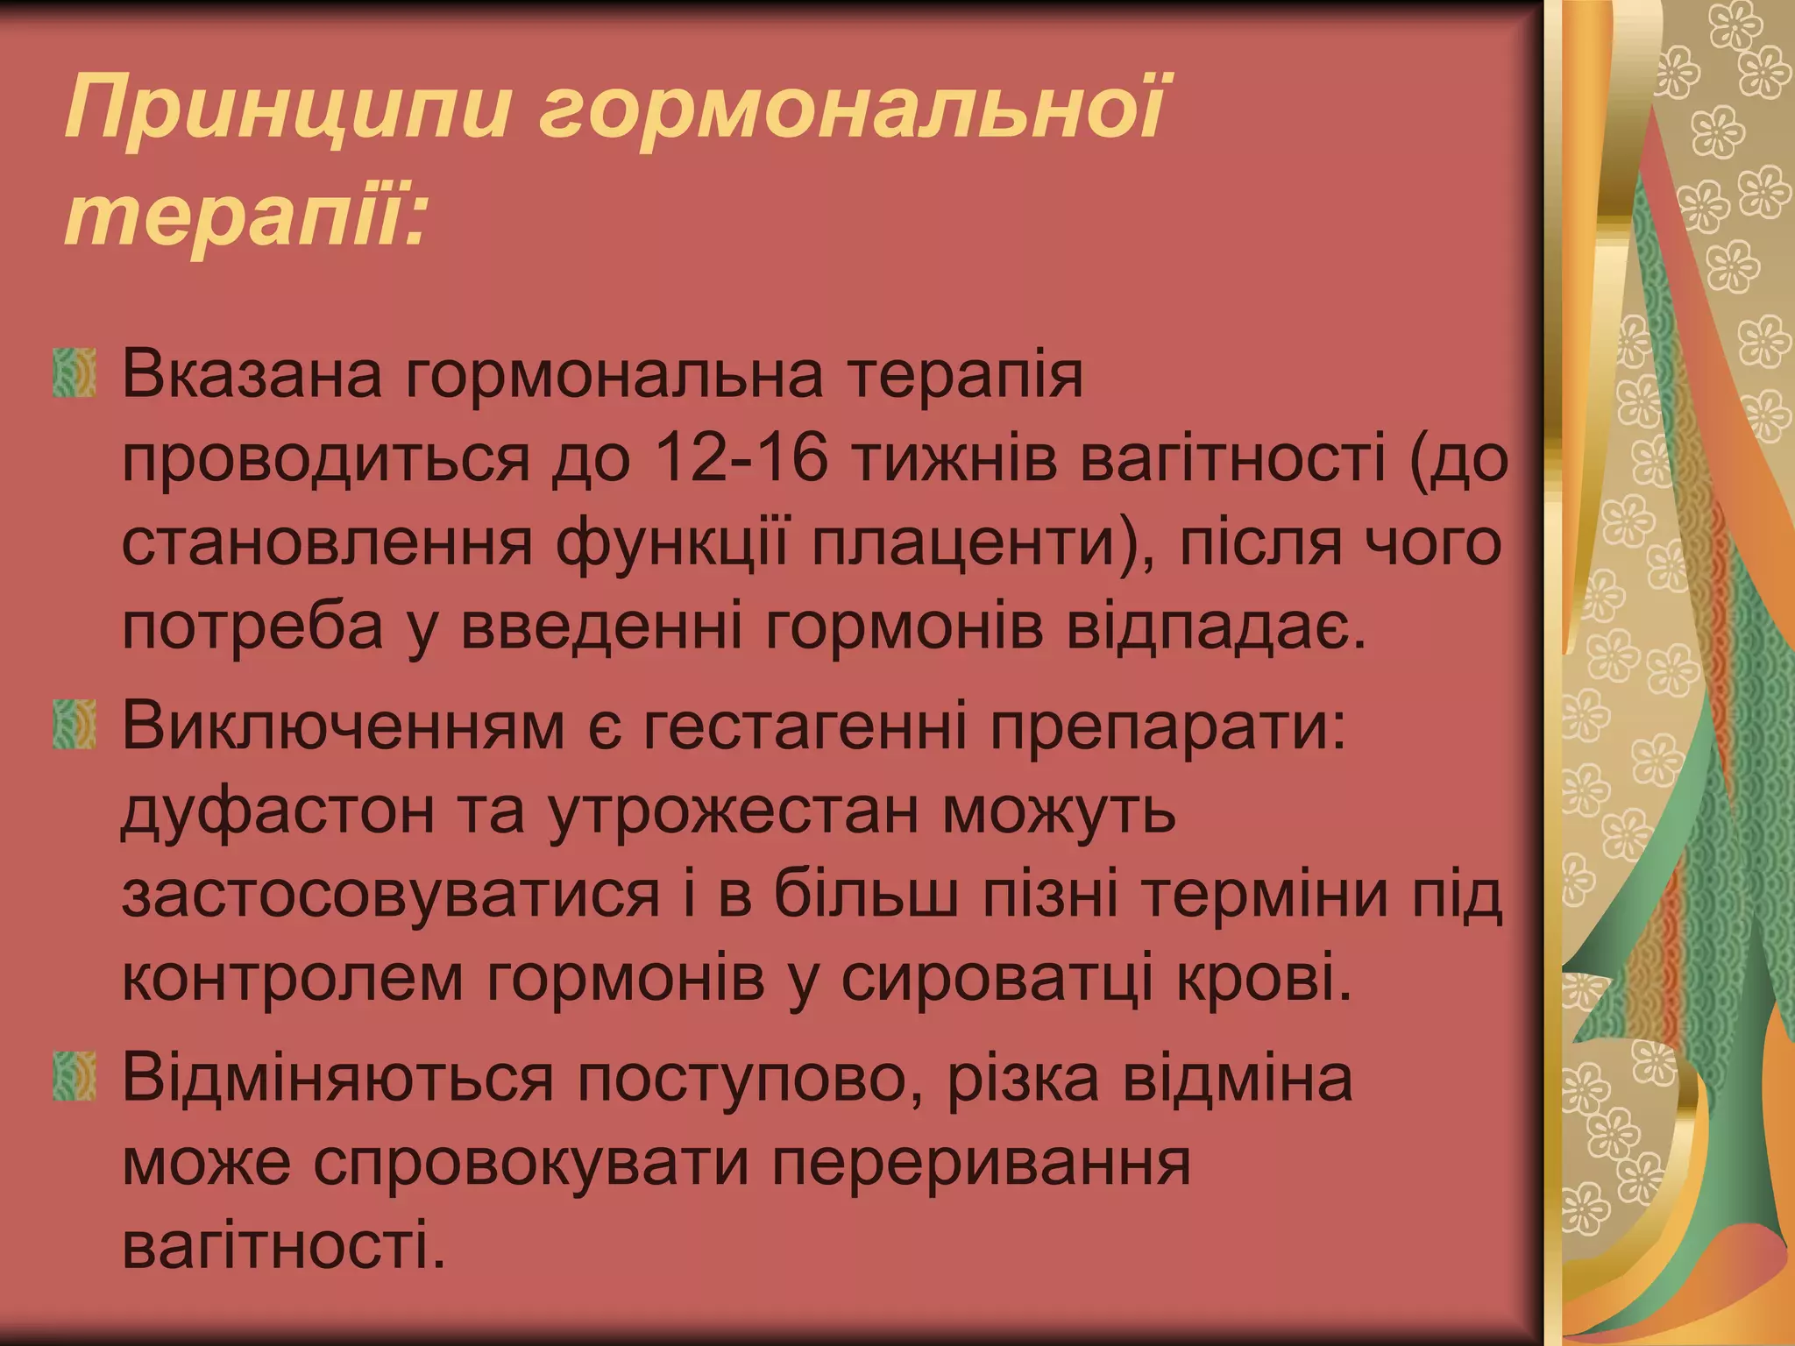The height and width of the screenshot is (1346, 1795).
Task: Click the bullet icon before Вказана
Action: click(74, 374)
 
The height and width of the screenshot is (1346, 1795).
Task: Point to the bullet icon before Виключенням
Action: click(74, 725)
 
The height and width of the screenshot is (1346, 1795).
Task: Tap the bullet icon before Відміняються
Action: click(74, 1077)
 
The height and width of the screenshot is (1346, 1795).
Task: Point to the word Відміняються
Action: click(337, 1078)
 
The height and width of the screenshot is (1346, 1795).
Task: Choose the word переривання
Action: click(982, 1163)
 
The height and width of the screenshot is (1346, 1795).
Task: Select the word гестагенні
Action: click(806, 726)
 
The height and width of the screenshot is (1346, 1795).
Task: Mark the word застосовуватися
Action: click(390, 895)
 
